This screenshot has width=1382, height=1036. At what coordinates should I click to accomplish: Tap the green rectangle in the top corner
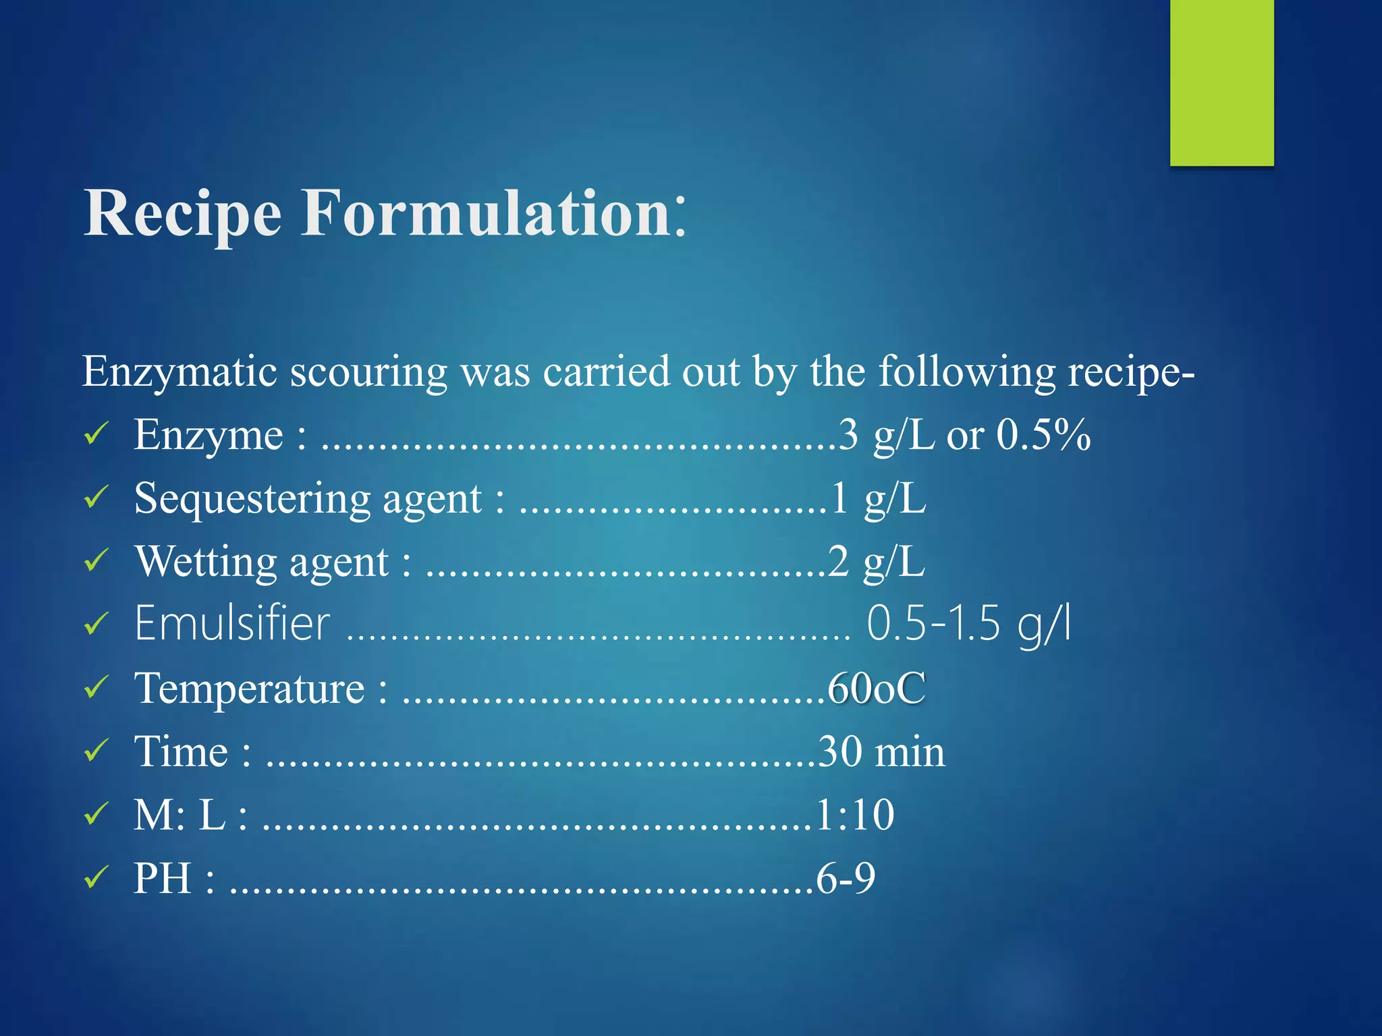point(1221,82)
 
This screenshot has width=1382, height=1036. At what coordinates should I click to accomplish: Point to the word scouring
point(368,373)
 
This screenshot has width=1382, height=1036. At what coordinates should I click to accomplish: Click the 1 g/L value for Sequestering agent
point(878,499)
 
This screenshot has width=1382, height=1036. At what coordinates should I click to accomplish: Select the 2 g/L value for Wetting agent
point(877,562)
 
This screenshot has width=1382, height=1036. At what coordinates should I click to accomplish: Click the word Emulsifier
point(232,623)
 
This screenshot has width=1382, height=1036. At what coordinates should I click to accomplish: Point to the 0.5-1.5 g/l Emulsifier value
point(969,623)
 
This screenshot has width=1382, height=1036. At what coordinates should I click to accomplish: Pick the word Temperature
point(250,689)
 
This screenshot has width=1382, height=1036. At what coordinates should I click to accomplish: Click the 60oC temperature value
point(877,689)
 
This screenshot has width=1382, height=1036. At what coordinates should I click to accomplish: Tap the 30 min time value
point(881,751)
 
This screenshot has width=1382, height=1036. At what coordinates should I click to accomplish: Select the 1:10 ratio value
point(855,815)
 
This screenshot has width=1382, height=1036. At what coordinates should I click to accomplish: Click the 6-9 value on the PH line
point(846,878)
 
